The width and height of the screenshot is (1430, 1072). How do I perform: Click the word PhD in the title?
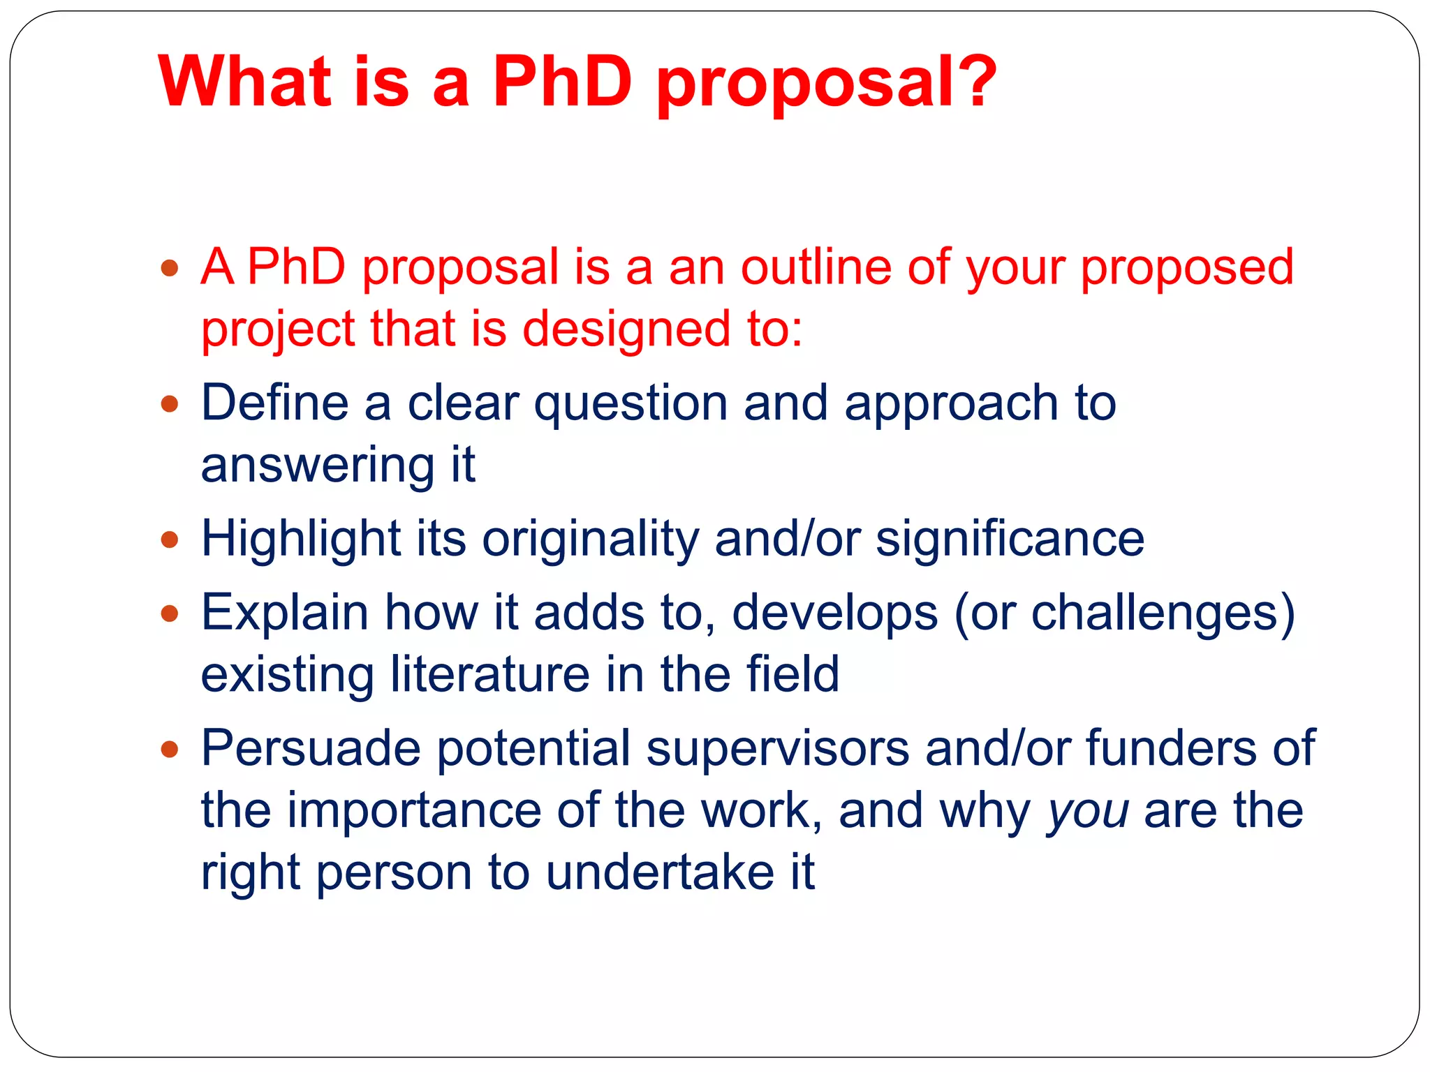click(561, 82)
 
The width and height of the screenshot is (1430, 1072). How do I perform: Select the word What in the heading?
click(244, 82)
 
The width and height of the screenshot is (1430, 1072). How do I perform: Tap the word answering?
click(318, 466)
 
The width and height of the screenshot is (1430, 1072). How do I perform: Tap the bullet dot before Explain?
click(170, 613)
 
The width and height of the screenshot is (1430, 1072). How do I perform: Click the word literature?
click(489, 675)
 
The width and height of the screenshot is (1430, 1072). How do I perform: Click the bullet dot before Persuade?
click(170, 750)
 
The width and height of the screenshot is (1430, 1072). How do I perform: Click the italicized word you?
click(1087, 812)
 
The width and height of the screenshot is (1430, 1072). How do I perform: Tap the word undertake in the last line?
click(660, 873)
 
